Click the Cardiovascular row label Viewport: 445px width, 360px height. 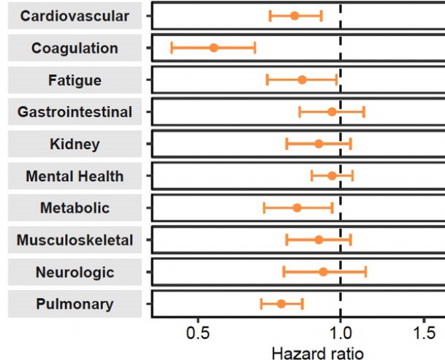pyautogui.click(x=75, y=16)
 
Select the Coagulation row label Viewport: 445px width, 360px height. pyautogui.click(x=75, y=48)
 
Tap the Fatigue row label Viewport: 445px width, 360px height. pyautogui.click(x=75, y=80)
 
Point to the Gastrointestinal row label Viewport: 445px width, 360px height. pyautogui.click(x=75, y=112)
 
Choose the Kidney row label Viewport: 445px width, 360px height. pyautogui.click(x=75, y=144)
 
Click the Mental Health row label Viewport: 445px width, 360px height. pyautogui.click(x=75, y=176)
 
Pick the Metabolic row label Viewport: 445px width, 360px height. pyautogui.click(x=75, y=208)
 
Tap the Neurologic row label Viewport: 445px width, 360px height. pyautogui.click(x=75, y=272)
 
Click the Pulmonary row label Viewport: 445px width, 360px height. pyautogui.click(x=75, y=304)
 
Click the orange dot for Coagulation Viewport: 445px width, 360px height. pyautogui.click(x=213, y=47)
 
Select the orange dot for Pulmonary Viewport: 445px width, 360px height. pyautogui.click(x=281, y=303)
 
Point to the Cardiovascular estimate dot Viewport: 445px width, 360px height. pyautogui.click(x=294, y=15)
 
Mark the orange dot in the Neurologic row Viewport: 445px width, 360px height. pyautogui.click(x=323, y=272)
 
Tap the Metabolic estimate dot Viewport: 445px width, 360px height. pyautogui.click(x=297, y=207)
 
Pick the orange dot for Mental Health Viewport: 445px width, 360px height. pyautogui.click(x=332, y=175)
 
